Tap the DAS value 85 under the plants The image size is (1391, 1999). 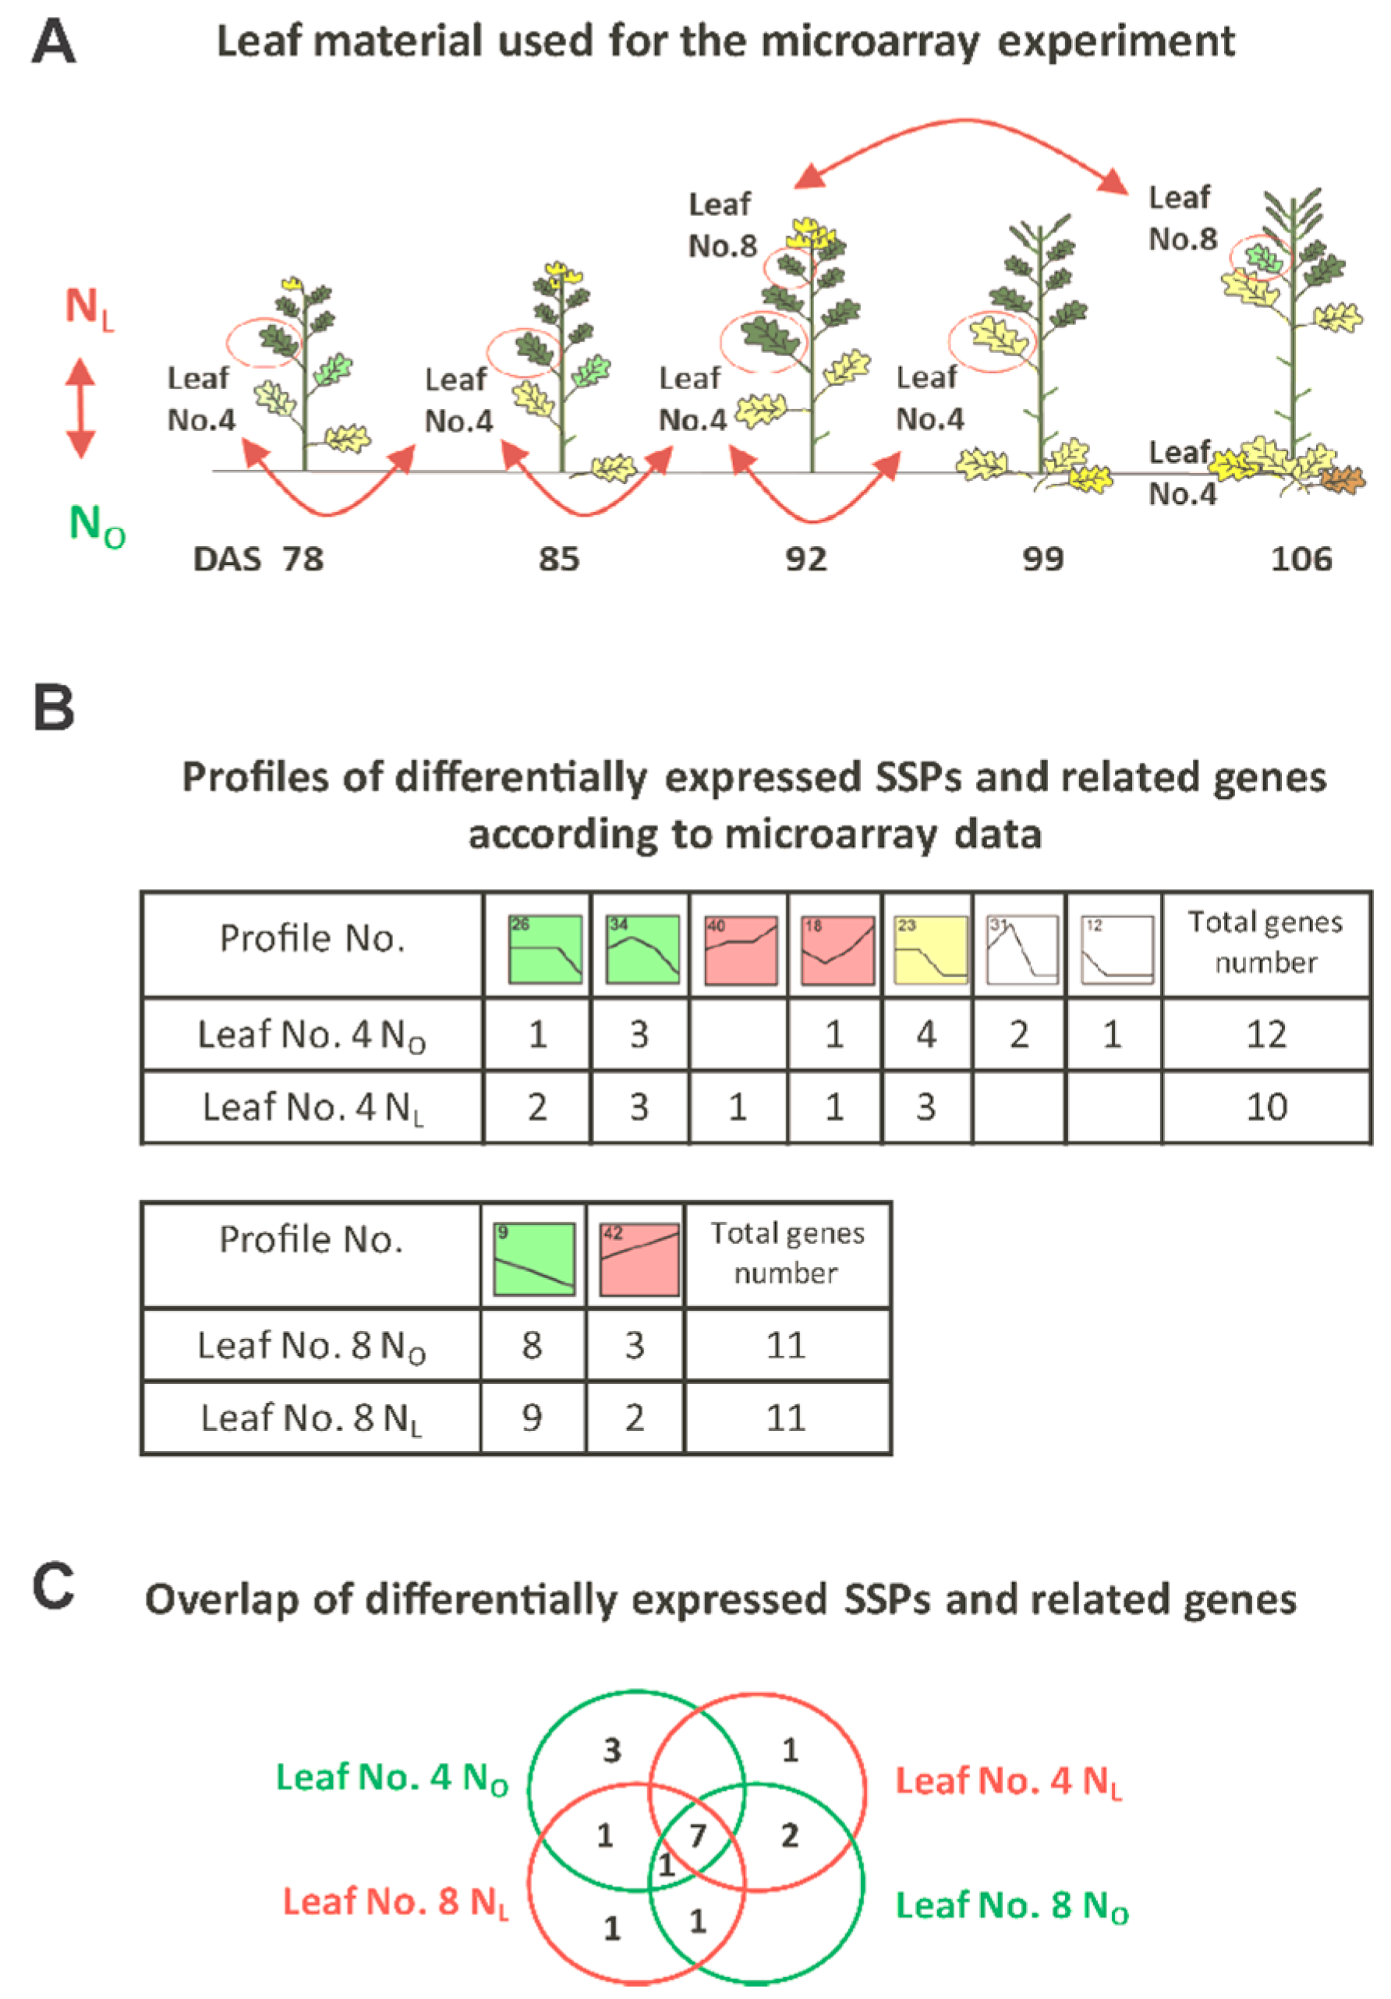click(x=557, y=558)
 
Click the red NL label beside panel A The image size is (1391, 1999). click(x=89, y=308)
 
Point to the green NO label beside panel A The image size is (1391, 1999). click(x=96, y=526)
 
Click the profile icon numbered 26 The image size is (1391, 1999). click(x=544, y=949)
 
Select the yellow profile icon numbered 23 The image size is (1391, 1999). click(x=929, y=949)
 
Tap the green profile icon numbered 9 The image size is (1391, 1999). click(x=533, y=1259)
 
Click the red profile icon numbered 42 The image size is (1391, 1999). click(x=639, y=1259)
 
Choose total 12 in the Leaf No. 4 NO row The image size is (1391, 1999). click(x=1265, y=1034)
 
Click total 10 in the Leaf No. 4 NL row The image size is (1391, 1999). click(x=1265, y=1107)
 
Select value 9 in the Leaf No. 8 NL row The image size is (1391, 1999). click(x=531, y=1418)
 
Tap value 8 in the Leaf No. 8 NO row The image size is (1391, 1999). click(x=531, y=1345)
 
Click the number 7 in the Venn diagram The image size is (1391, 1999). click(x=697, y=1835)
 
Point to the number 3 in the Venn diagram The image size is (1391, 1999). click(x=612, y=1750)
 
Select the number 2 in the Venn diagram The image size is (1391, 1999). click(x=789, y=1835)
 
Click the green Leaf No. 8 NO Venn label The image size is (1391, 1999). click(x=1011, y=1905)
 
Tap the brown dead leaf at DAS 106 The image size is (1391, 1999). click(x=1342, y=479)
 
